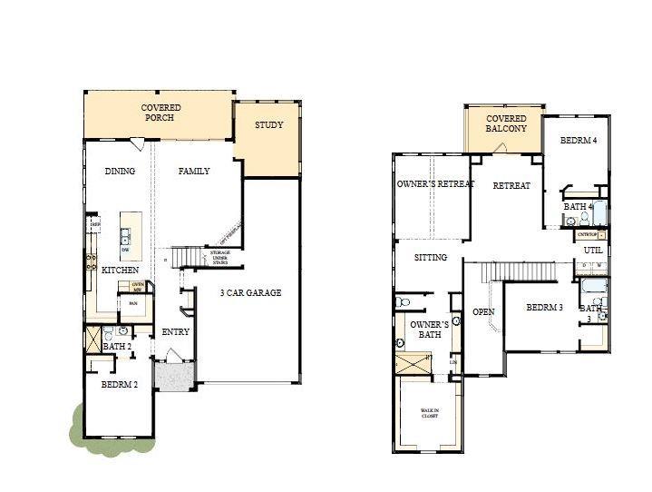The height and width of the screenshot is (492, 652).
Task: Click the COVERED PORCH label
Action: pos(161,113)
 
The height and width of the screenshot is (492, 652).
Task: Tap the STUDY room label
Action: pos(268,125)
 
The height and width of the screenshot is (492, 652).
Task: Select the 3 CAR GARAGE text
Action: pos(251,292)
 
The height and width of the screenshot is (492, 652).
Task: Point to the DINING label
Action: pos(120,171)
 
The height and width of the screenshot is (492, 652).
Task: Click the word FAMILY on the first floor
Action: pos(194,171)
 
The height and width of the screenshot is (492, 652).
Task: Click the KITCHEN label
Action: pos(120,271)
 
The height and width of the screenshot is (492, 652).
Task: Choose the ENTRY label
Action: pos(175,332)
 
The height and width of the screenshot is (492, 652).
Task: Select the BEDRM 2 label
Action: pos(119,384)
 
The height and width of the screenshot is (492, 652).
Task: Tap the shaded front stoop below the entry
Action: pos(173,374)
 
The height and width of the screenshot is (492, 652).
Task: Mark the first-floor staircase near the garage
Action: pos(186,257)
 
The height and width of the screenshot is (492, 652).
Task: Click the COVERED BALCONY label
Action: pos(506,124)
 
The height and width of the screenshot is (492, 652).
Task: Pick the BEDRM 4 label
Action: pos(579,140)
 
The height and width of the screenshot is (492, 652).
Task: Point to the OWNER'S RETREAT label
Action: pos(435,184)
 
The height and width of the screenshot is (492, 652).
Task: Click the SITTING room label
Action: pos(431,258)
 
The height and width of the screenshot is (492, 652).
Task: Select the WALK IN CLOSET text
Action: pos(429,414)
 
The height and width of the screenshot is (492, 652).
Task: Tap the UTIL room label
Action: pos(593,250)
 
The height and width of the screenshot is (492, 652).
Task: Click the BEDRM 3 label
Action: pos(545,308)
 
